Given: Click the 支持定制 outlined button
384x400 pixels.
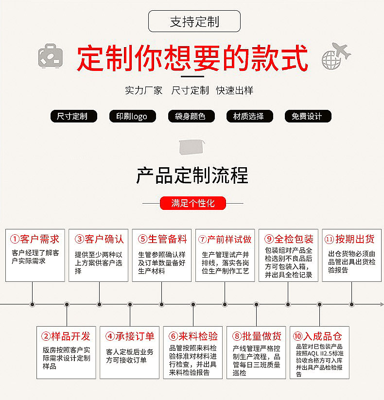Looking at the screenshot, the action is [194, 21].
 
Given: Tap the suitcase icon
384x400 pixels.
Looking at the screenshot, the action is [51, 56].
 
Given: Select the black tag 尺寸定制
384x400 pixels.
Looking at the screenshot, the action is [73, 116].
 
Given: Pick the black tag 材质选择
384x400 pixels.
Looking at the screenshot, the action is [249, 116].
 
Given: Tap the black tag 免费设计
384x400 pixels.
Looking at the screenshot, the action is [307, 116].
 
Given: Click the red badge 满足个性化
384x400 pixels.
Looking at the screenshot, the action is [193, 203].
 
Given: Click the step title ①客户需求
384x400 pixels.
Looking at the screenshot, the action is [35, 239].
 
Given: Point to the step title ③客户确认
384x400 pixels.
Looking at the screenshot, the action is [99, 239].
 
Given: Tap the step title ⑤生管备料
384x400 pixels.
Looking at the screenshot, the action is [162, 239].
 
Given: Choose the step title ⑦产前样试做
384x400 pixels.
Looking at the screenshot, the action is [225, 239].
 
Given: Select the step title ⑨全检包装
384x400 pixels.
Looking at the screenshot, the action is [289, 239].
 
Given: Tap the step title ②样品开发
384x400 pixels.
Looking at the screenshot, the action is [66, 336].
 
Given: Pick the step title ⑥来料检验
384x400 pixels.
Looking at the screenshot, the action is [193, 336].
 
